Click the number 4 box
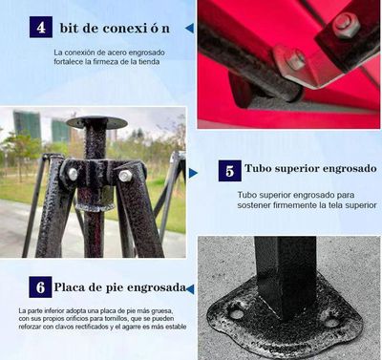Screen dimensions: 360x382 click(41, 26)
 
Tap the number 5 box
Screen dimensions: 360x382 click(228, 172)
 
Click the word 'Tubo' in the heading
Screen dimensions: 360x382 click(261, 170)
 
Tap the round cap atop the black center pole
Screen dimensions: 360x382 click(96, 122)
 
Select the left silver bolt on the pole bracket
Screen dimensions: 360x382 click(71, 175)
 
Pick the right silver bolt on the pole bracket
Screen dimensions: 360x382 click(125, 176)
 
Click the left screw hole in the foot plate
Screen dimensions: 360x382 click(236, 313)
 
